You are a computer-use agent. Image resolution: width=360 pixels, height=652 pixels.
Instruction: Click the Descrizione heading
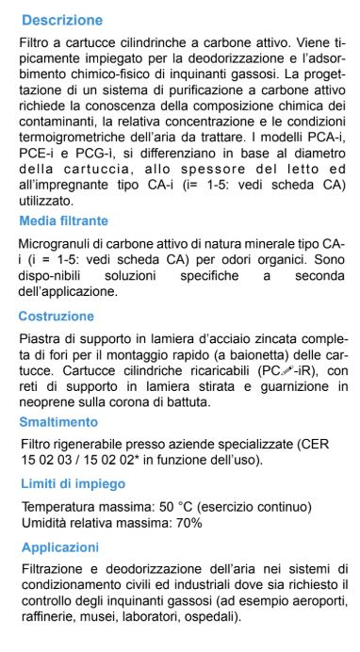(x=62, y=20)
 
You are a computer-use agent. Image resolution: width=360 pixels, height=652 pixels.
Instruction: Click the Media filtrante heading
(x=76, y=220)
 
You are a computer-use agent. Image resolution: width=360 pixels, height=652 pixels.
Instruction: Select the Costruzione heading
(x=62, y=317)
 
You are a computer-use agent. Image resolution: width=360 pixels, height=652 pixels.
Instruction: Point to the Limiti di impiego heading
(x=73, y=483)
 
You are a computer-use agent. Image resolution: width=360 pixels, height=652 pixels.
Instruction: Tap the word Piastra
(x=41, y=338)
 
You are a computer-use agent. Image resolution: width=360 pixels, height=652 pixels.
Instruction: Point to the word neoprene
(x=48, y=401)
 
